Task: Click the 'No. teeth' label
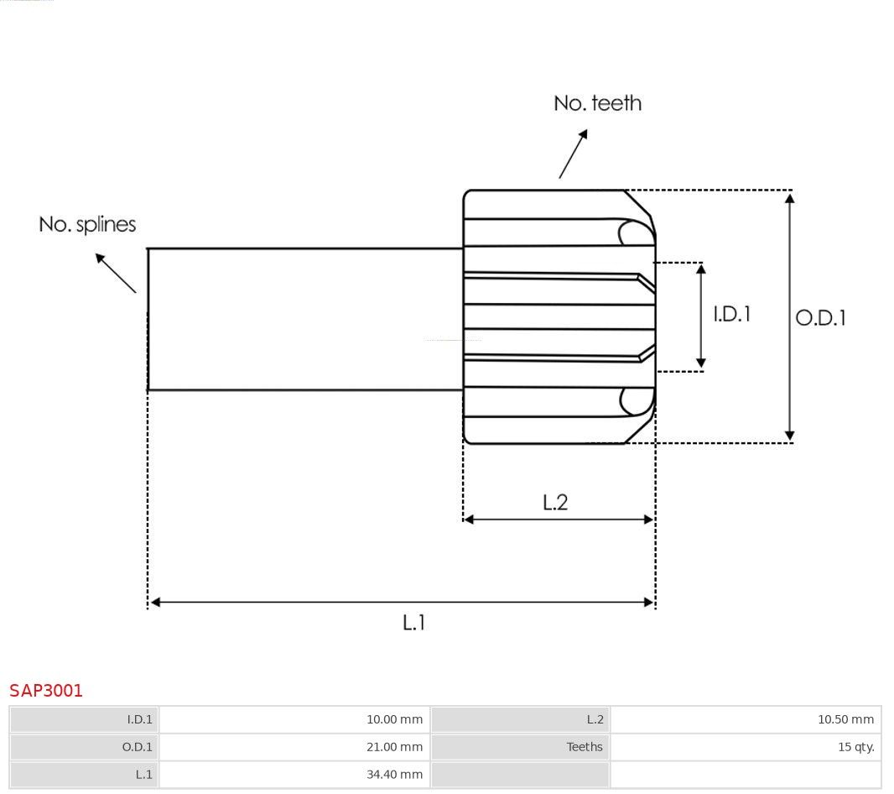[597, 103]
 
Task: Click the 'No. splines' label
[87, 224]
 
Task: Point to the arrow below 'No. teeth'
[573, 154]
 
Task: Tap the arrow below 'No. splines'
[116, 274]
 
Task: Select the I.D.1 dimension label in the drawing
[732, 314]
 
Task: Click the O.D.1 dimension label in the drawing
[820, 318]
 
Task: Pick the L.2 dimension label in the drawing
[555, 502]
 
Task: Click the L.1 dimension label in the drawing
[414, 622]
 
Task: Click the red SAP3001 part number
[46, 691]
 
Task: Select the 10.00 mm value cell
[294, 719]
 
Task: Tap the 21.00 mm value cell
[294, 747]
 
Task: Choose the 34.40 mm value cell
[294, 774]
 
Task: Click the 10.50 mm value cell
[746, 719]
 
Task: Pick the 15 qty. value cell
[746, 747]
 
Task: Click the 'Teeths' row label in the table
[585, 747]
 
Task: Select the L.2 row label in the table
[595, 719]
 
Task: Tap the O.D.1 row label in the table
[138, 747]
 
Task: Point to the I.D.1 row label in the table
[140, 719]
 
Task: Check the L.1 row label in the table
[143, 774]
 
